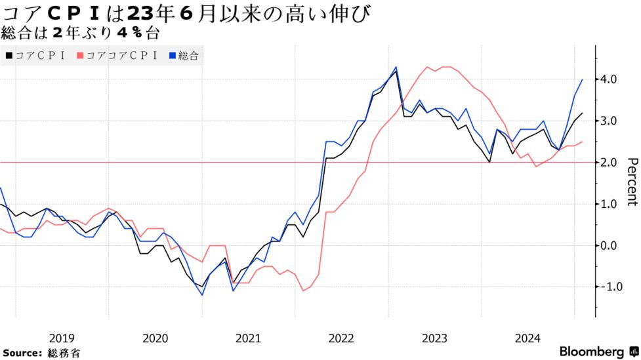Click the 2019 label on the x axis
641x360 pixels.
pos(62,338)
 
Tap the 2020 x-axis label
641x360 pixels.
pos(155,338)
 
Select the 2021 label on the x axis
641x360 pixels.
pos(248,338)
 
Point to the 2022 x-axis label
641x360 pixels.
pos(341,338)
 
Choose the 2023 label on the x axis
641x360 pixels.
pos(434,338)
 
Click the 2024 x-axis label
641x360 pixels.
pos(527,338)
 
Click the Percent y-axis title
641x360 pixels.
pos(632,182)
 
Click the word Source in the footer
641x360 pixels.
pos(21,353)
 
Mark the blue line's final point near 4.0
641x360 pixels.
pos(583,79)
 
